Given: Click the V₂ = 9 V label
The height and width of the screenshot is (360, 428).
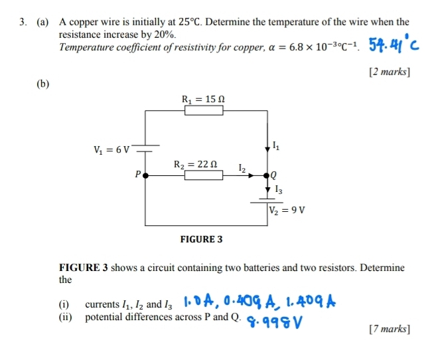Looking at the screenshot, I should [287, 211].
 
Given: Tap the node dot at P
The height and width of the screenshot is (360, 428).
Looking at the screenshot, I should [146, 175].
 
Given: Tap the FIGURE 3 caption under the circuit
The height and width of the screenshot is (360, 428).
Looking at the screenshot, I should [201, 239].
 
